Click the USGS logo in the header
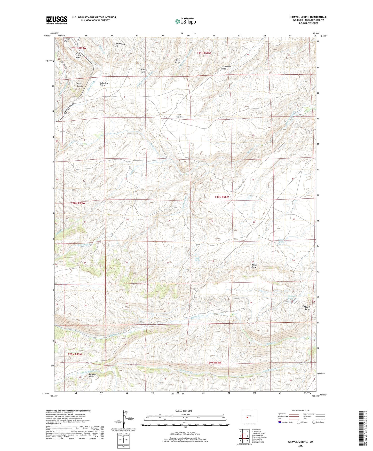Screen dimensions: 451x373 [x=57, y=20]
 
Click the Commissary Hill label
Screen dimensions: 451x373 [x=120, y=45]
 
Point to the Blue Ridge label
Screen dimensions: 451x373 [x=178, y=61]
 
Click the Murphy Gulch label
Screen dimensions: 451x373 [x=144, y=71]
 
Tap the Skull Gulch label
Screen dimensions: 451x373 [x=179, y=116]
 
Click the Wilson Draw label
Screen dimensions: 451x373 [x=254, y=266]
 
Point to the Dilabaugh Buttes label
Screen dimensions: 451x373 [x=306, y=308]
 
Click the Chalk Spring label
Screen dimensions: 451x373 [x=197, y=259]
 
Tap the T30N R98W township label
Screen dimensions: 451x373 [x=222, y=197]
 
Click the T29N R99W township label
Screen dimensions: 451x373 [x=75, y=354]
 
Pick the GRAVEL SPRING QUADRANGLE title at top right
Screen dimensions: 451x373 [x=308, y=17]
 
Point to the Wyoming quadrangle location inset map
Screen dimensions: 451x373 [x=249, y=416]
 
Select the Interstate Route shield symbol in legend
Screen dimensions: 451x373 [x=280, y=422]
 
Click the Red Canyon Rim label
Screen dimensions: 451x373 [x=78, y=55]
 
